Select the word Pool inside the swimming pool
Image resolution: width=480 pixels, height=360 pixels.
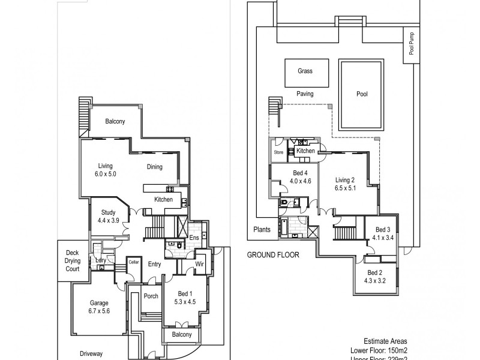362,94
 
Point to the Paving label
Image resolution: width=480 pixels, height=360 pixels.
305,94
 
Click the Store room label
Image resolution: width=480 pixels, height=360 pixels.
278,152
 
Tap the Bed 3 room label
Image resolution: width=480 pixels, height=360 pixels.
383,230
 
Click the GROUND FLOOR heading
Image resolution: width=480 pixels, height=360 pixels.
273,255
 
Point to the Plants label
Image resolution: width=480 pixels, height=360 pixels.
262,229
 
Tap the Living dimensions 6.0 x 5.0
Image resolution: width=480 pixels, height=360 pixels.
106,174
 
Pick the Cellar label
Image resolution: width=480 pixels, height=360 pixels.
133,262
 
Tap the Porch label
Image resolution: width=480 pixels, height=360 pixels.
151,296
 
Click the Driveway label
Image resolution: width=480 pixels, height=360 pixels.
92,354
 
